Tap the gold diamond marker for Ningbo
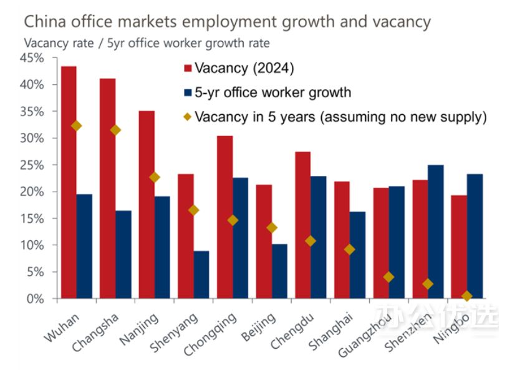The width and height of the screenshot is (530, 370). [x=467, y=296]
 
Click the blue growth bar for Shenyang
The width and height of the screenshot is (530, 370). [x=201, y=275]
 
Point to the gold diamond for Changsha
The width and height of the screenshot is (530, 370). [x=115, y=130]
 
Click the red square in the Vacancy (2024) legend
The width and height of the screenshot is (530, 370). [x=187, y=67]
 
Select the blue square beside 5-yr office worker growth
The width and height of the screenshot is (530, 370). [x=187, y=93]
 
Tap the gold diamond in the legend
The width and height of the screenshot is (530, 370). [x=187, y=117]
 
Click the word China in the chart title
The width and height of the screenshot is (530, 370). [x=44, y=22]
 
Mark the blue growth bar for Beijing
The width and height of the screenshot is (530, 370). [x=279, y=271]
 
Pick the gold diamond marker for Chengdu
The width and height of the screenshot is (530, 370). [x=310, y=241]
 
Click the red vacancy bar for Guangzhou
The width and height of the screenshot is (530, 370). [x=380, y=243]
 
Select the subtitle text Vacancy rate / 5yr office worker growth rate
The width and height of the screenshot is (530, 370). [x=147, y=44]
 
